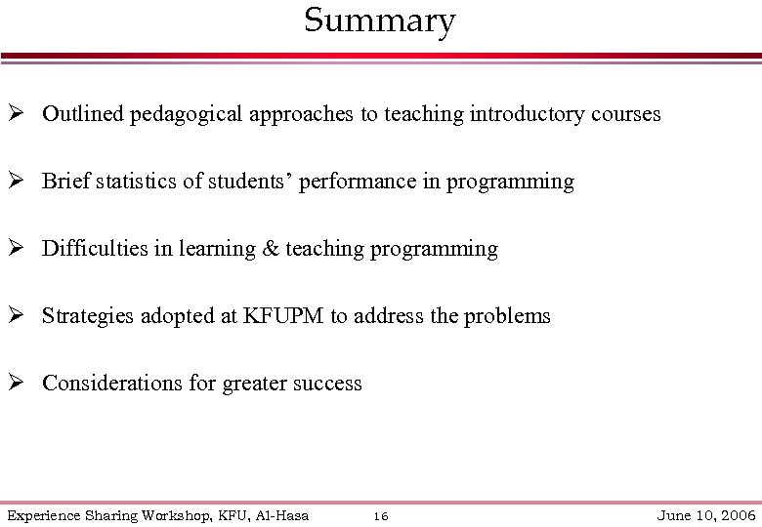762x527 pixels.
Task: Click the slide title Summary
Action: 379,20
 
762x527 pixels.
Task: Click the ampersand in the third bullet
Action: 270,249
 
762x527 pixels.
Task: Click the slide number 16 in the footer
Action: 381,516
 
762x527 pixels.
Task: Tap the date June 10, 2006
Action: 707,515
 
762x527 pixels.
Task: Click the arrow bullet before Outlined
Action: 17,114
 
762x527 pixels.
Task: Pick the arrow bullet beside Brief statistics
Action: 17,182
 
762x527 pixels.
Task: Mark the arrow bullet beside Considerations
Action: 17,384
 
